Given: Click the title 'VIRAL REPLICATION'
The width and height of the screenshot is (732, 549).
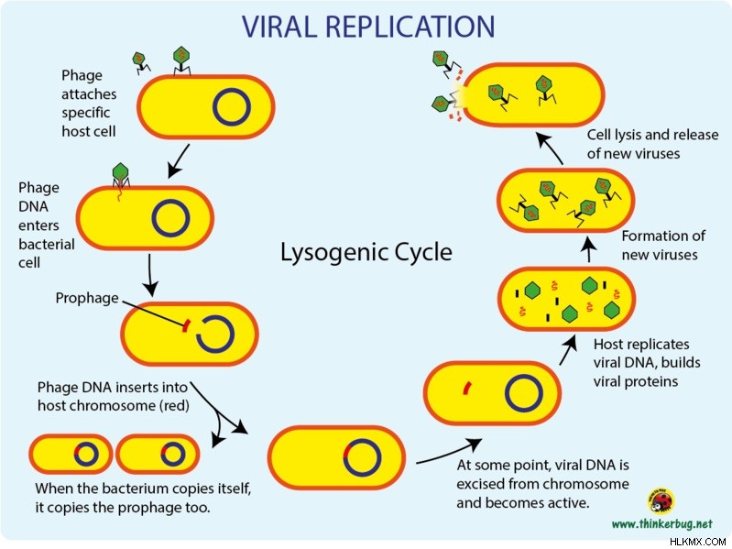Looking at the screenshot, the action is click(x=368, y=27).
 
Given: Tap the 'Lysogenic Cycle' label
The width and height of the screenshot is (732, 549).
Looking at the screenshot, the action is click(x=366, y=253).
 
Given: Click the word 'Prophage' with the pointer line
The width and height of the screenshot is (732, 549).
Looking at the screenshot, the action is click(x=87, y=298).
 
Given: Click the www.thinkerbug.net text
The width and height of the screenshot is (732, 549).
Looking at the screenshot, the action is click(x=662, y=523).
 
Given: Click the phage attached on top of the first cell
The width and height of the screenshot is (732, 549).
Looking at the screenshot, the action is click(x=182, y=60).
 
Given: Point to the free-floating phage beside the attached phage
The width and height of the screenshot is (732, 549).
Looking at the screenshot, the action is click(x=140, y=62).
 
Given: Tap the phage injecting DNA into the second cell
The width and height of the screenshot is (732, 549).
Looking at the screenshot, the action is click(x=120, y=177).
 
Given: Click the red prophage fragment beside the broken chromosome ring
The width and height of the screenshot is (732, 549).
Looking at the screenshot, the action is click(x=185, y=325).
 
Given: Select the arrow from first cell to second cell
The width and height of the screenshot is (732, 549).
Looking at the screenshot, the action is click(x=179, y=161).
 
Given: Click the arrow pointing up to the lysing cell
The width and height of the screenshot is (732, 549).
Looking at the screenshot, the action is click(x=549, y=147).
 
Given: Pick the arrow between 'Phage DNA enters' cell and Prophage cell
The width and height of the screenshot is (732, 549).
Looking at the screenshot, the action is click(x=150, y=276).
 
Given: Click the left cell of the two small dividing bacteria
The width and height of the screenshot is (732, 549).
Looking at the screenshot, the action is click(x=71, y=454).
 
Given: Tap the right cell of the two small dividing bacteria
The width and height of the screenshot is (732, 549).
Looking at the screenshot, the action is click(x=158, y=454).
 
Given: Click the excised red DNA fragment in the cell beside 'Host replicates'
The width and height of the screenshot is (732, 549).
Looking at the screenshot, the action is click(x=466, y=388).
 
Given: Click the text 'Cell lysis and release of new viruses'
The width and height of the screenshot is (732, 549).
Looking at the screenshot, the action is click(x=652, y=144).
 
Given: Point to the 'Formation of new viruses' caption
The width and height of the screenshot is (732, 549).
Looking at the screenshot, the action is click(x=663, y=246).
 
